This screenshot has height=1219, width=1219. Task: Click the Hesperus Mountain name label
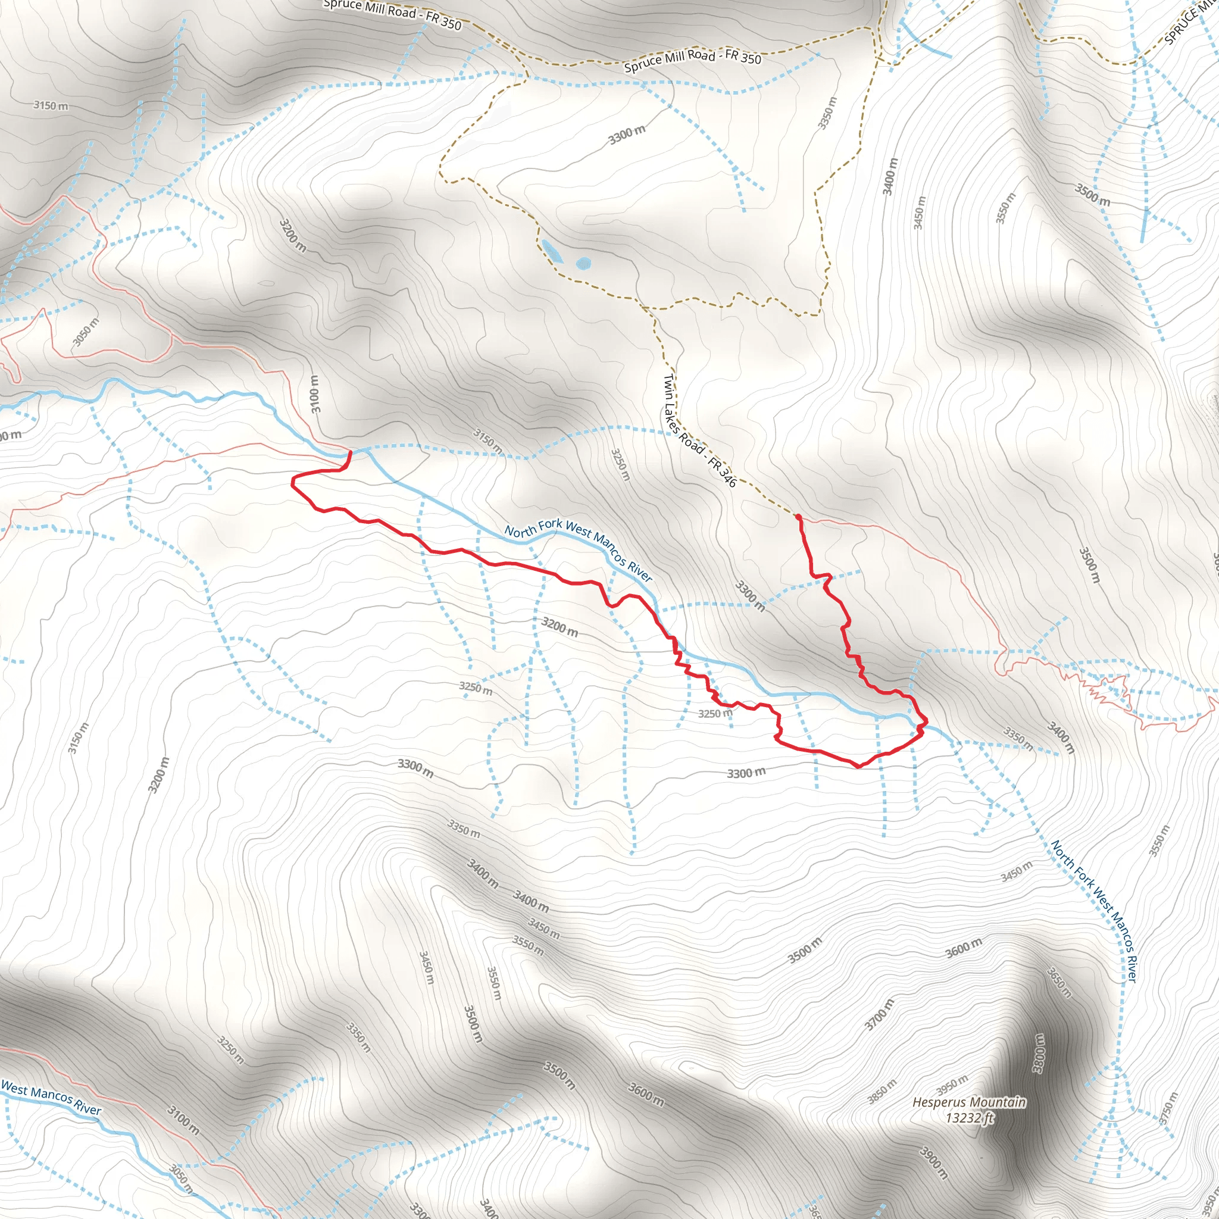click(968, 1102)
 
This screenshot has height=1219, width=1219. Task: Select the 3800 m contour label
click(1038, 1052)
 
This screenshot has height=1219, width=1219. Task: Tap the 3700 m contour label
click(879, 1015)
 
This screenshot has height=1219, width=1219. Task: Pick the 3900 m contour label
click(934, 1163)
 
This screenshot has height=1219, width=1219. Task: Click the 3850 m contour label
click(882, 1092)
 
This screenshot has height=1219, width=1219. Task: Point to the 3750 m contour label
click(1168, 1108)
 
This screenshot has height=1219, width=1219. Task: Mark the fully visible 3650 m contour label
click(1059, 982)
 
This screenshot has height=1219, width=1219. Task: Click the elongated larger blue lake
click(552, 250)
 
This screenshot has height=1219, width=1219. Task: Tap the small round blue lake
click(584, 263)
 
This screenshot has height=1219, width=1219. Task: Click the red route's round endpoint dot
click(798, 517)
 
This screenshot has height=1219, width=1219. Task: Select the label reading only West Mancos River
click(51, 1099)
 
